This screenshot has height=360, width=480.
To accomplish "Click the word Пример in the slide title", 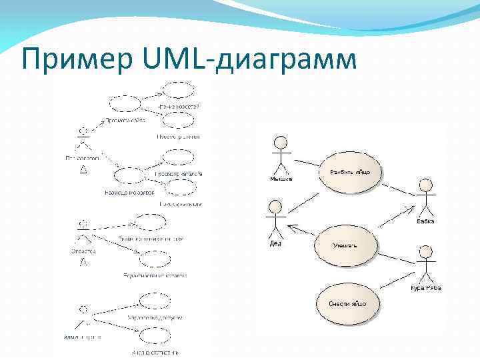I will [73, 59].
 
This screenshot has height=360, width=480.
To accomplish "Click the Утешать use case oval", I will [346, 245].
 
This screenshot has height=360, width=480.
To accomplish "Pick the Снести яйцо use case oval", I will [346, 303].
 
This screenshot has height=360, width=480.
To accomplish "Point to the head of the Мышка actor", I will [281, 143].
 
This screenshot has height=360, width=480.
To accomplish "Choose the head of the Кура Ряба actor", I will [425, 251].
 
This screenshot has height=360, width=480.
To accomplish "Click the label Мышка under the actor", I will [281, 179].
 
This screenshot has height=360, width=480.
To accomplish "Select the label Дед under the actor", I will [275, 243].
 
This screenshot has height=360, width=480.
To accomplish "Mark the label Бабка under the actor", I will [425, 221].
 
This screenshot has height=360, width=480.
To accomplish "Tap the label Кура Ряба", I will [425, 288].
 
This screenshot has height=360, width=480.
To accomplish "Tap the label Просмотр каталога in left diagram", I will [178, 174].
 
